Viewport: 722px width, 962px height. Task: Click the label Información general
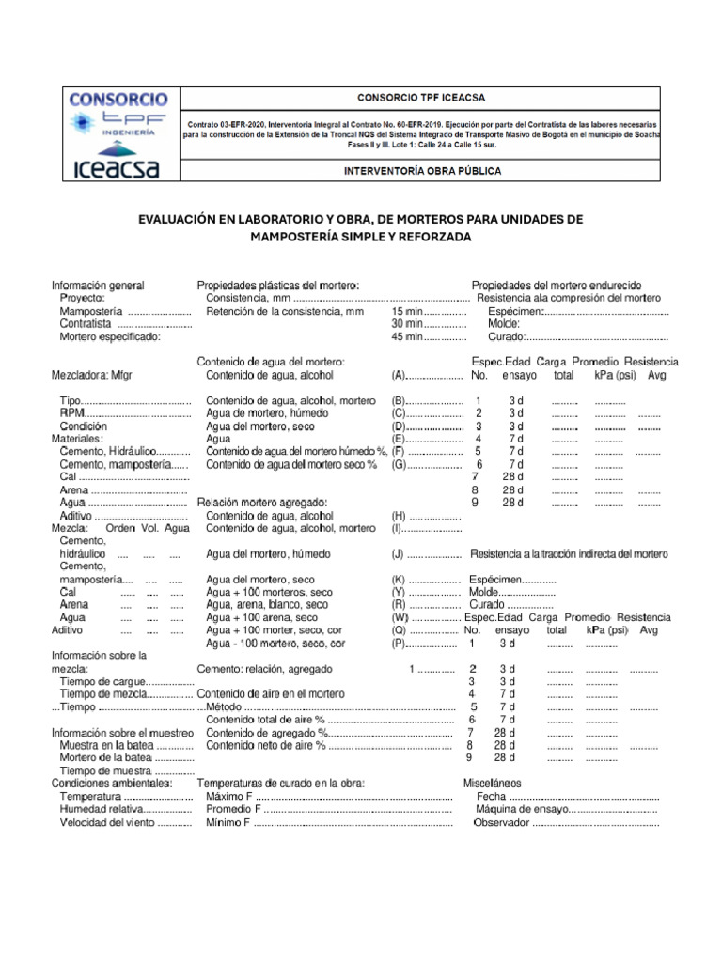coord(98,285)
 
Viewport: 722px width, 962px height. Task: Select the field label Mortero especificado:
coord(110,336)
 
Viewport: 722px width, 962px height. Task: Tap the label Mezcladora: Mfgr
coord(92,375)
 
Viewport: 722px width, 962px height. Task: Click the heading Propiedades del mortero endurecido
coord(556,285)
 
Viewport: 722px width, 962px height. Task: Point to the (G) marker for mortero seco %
coord(399,464)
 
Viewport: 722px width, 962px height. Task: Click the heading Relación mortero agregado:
coord(261,503)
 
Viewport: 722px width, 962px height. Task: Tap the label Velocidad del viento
coord(108,822)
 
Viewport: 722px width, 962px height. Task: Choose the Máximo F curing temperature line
coord(228,796)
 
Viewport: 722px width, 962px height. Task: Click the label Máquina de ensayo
coord(522,809)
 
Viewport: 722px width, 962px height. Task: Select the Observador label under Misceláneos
coord(502,822)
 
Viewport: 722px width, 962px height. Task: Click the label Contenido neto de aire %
coord(265,745)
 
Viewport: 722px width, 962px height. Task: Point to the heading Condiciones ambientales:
coord(112,783)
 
